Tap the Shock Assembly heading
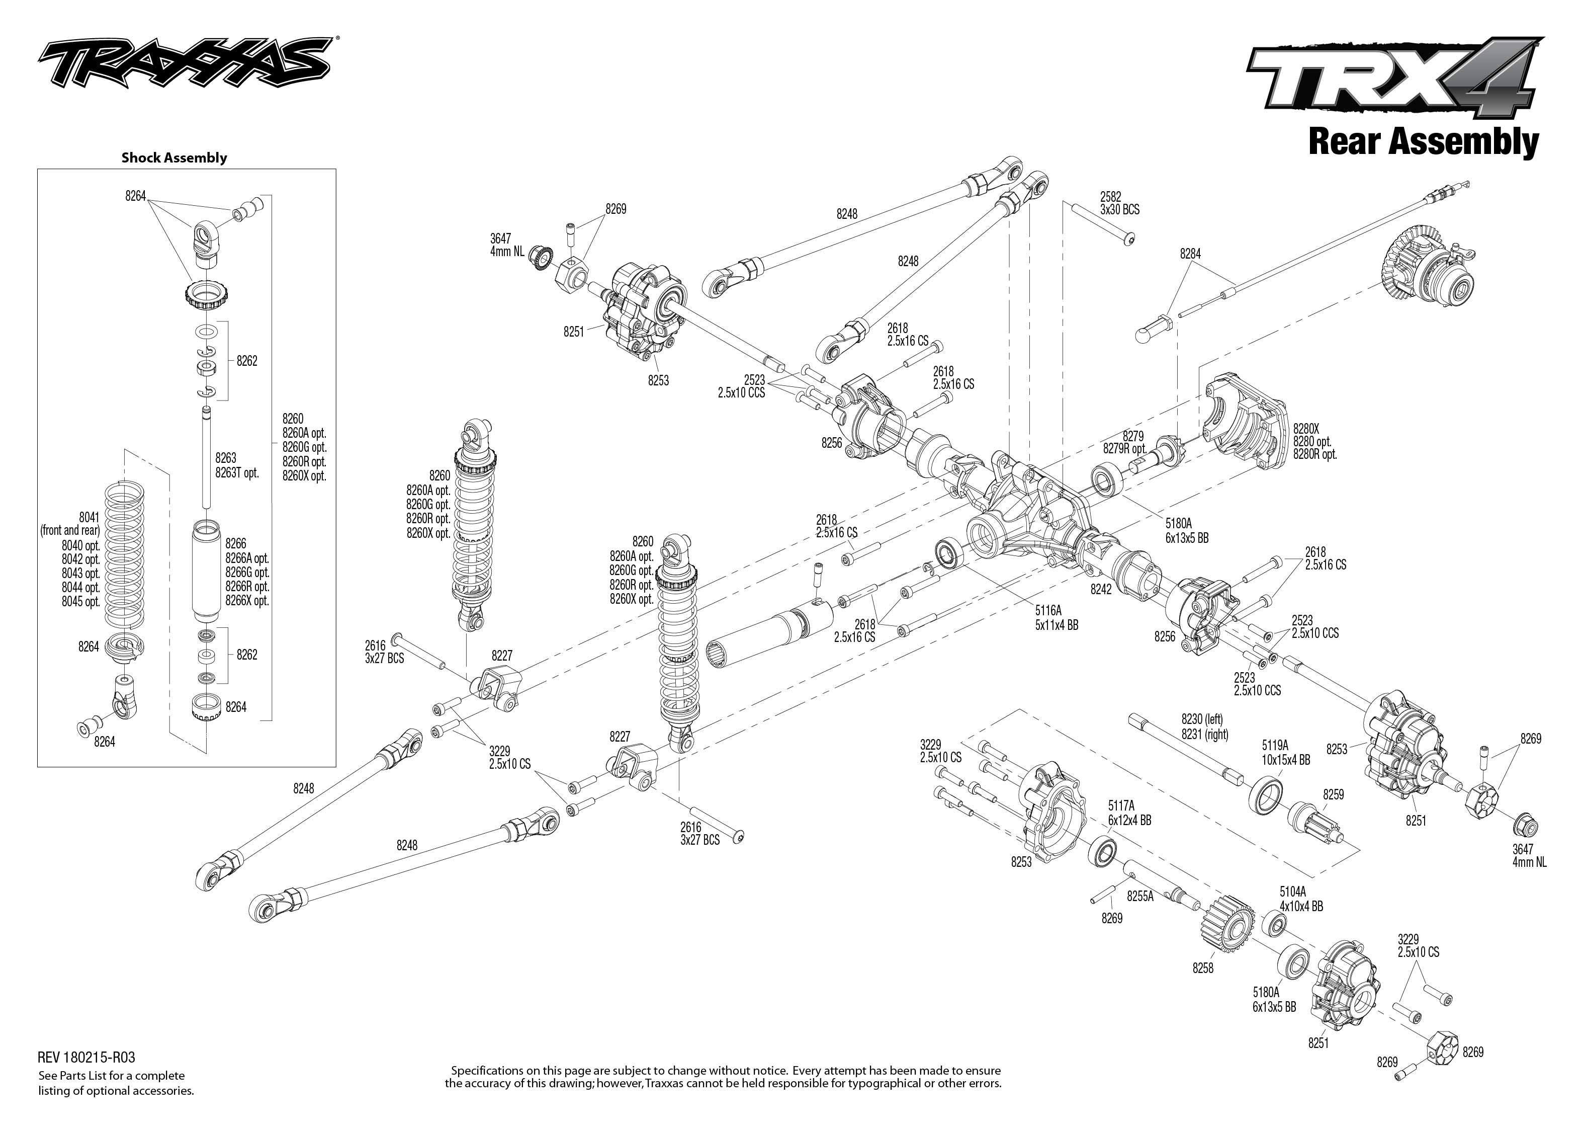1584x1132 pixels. [x=174, y=157]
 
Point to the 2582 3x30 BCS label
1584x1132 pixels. [x=1119, y=203]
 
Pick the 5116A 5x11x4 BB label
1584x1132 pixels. [x=1056, y=618]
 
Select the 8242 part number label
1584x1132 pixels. [x=1101, y=590]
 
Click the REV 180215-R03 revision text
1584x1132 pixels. [x=86, y=1058]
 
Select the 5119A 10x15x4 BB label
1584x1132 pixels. [x=1286, y=753]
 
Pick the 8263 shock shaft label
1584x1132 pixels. [x=226, y=458]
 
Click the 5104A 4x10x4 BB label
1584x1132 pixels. [x=1300, y=899]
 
